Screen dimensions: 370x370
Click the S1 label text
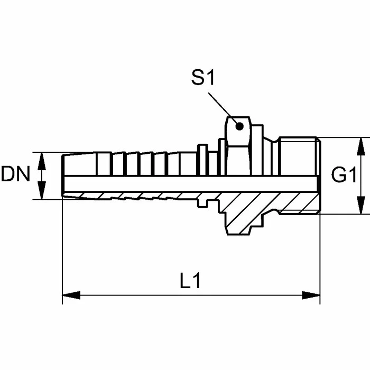(203, 78)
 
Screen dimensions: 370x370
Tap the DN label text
(16, 174)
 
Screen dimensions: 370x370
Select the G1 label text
(344, 175)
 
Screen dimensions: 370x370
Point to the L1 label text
(190, 281)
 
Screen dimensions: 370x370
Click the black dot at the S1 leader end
(239, 126)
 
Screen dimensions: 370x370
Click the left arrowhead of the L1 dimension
(71, 295)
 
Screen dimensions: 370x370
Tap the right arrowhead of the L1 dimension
(311, 295)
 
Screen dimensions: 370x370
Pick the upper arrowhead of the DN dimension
(42, 161)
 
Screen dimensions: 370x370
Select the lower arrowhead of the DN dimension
(42, 190)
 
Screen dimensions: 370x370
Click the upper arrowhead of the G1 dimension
(361, 146)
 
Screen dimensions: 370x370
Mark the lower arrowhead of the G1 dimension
(361, 205)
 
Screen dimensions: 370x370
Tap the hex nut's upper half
(238, 146)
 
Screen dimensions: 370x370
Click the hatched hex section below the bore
(243, 212)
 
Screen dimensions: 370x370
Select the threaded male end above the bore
(299, 156)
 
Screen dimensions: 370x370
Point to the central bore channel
(191, 184)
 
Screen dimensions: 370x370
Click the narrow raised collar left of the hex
(202, 160)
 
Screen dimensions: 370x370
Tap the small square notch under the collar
(202, 203)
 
